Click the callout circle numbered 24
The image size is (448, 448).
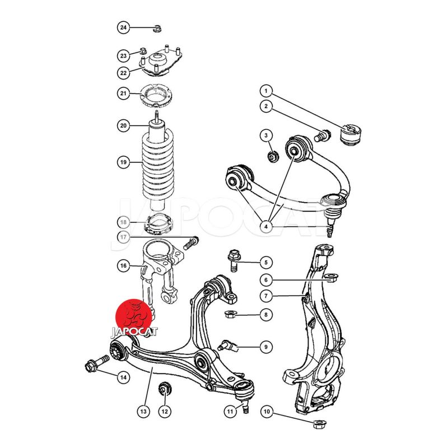[x=123, y=27]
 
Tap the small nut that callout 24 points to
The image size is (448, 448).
[x=157, y=29]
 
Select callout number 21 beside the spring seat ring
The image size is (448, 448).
[x=123, y=94]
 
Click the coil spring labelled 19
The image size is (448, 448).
[x=158, y=164]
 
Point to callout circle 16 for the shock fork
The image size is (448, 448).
[x=123, y=266]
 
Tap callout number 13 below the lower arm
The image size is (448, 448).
[x=143, y=412]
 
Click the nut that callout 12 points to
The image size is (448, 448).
[x=165, y=388]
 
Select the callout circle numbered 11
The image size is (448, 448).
[x=230, y=412]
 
